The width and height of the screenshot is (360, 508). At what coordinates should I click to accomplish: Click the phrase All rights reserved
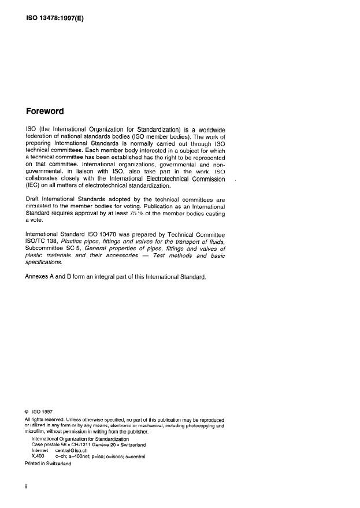coord(44,420)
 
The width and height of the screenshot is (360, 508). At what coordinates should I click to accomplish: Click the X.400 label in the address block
coord(38,457)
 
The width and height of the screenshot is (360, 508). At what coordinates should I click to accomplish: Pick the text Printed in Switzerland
coord(48,463)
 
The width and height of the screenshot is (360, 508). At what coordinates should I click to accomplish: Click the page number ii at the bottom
coord(26,487)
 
